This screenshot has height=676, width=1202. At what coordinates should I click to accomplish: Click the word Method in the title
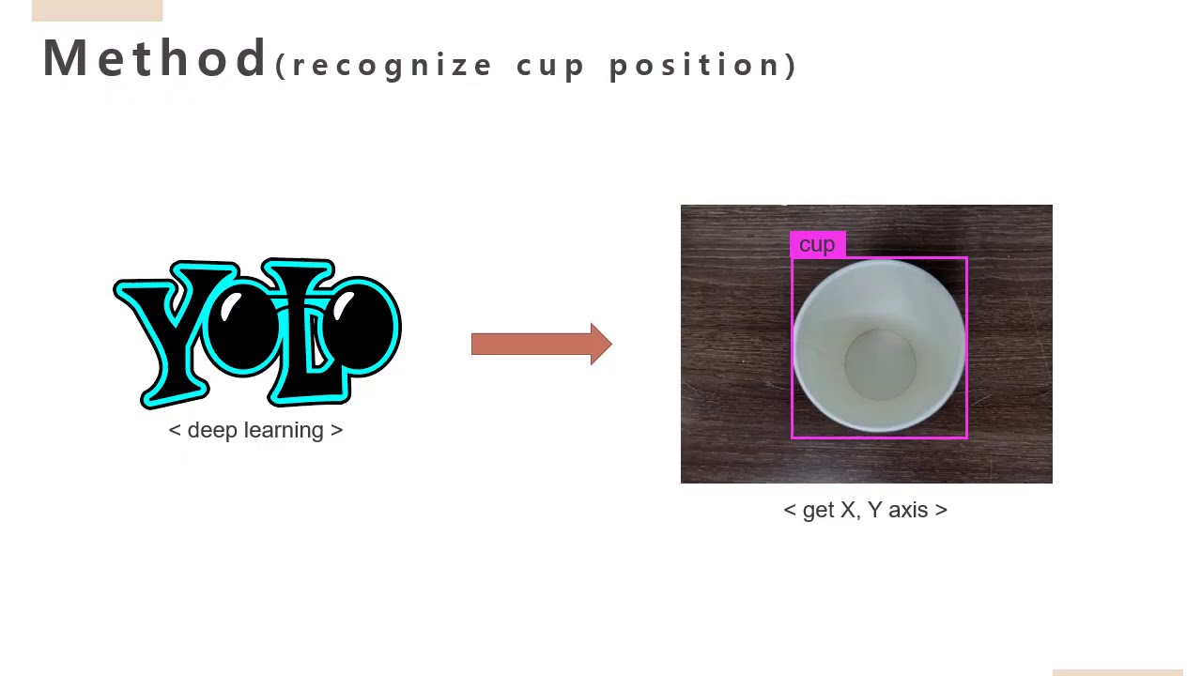[x=155, y=58]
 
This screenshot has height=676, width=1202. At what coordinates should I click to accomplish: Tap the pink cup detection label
[x=817, y=245]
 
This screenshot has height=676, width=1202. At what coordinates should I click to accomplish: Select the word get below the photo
[x=818, y=510]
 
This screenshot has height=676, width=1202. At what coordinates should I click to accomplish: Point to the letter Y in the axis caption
[x=874, y=510]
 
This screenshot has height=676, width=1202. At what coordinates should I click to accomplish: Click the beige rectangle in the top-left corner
[x=97, y=10]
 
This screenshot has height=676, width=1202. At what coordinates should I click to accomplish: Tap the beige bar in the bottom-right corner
[x=1117, y=672]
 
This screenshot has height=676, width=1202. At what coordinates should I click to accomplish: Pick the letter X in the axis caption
[x=847, y=510]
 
